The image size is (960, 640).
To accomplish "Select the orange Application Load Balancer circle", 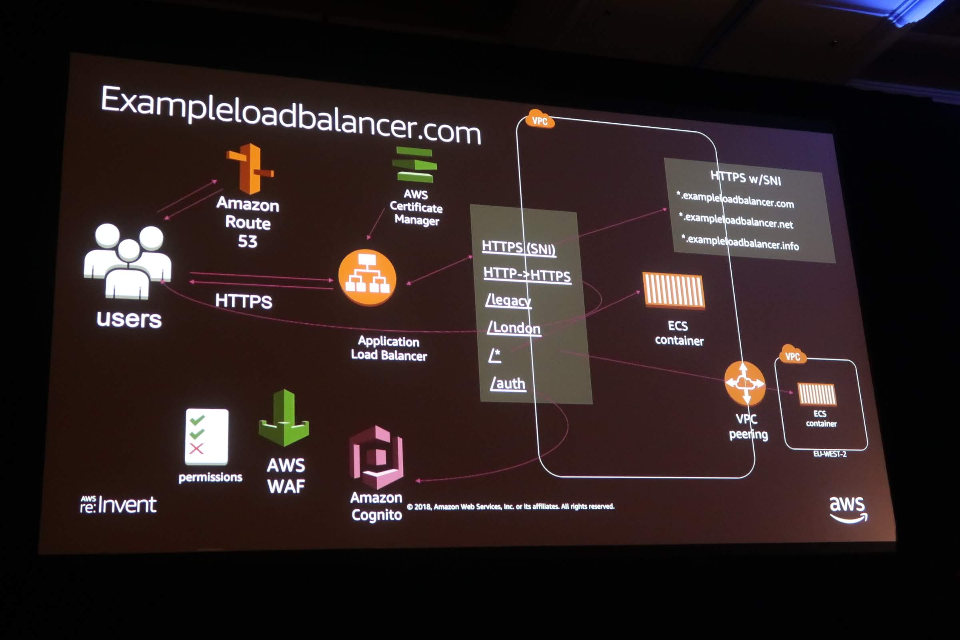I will click(367, 278).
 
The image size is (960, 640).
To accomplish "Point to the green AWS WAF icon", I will click(284, 418).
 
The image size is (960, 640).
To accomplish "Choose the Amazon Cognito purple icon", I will click(376, 457).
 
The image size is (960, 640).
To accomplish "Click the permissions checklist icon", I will click(206, 437).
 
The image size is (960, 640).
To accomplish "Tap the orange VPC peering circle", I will click(744, 383).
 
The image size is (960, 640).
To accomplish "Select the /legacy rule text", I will click(508, 300).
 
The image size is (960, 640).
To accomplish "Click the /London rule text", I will click(514, 328).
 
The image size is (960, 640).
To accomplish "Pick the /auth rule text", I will click(508, 383).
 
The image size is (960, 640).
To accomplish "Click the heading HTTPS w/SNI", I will click(745, 178).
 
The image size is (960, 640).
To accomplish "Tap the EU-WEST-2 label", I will click(829, 454).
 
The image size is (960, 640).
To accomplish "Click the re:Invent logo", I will click(118, 504).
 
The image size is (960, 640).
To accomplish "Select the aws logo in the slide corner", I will click(848, 508).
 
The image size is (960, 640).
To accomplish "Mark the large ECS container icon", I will click(674, 291).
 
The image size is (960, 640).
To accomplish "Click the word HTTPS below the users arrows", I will click(244, 301).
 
